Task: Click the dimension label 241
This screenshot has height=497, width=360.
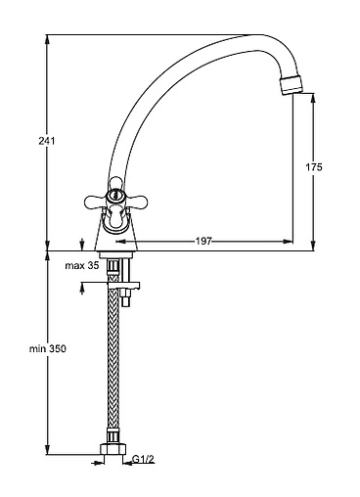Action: coord(47,141)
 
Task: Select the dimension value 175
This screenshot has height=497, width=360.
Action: coord(314,167)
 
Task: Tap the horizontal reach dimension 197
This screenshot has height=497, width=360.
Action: coord(203,242)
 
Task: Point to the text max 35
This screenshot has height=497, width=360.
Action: coord(82,266)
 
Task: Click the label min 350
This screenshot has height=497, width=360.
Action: coord(48,348)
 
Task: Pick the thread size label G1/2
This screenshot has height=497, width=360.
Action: coord(143,459)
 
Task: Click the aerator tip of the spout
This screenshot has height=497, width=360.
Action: coord(292,85)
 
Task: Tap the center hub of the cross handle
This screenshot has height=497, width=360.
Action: coord(114,196)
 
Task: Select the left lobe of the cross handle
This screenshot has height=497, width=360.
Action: coord(95,202)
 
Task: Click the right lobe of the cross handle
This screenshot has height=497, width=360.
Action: coord(134,202)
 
